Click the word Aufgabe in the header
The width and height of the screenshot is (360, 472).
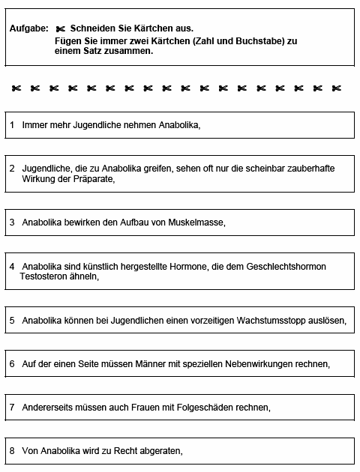(28, 28)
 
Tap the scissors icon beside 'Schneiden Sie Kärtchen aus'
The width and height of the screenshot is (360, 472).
(61, 28)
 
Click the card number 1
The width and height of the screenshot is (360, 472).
(12, 124)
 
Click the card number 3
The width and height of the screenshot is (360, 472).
(12, 223)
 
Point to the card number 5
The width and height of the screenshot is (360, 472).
(12, 320)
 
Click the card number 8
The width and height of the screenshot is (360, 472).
(12, 451)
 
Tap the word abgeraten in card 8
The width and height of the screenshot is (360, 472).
(160, 451)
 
